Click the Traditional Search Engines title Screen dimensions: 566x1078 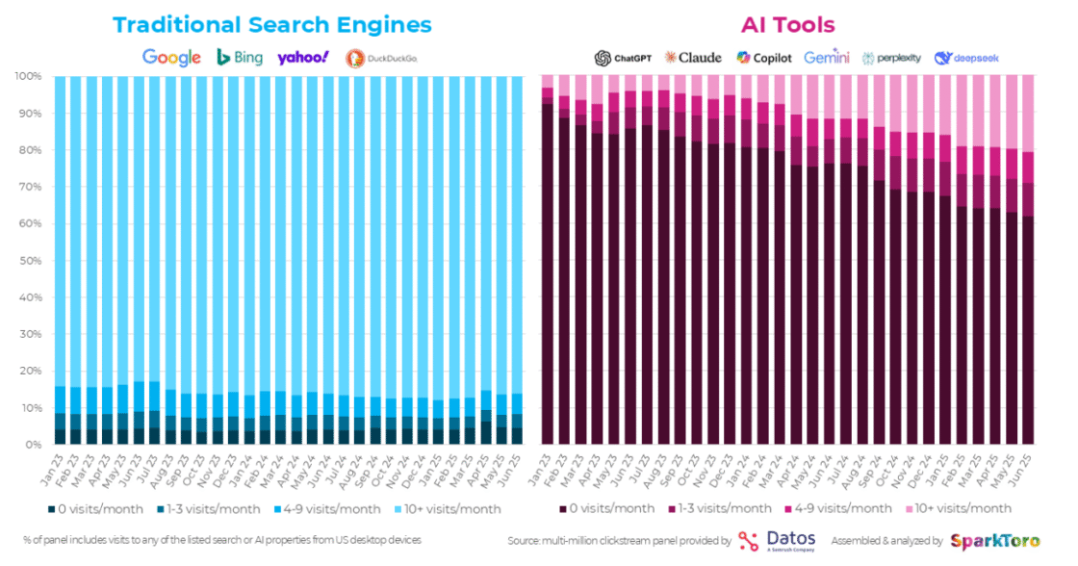(272, 25)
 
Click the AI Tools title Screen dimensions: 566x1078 (787, 25)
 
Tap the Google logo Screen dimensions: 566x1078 (171, 57)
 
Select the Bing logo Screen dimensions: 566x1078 (240, 57)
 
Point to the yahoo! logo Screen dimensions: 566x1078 (303, 58)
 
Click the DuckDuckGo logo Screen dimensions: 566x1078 (381, 58)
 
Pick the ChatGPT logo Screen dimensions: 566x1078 (623, 58)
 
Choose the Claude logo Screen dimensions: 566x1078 (693, 58)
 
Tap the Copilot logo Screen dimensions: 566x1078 (764, 58)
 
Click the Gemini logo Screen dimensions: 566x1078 (827, 58)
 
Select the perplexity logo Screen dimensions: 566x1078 (892, 58)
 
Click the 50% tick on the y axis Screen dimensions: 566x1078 (28, 260)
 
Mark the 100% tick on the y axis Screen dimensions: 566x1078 (26, 76)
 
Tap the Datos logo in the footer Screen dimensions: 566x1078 (777, 541)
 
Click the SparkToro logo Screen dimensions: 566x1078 (994, 541)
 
